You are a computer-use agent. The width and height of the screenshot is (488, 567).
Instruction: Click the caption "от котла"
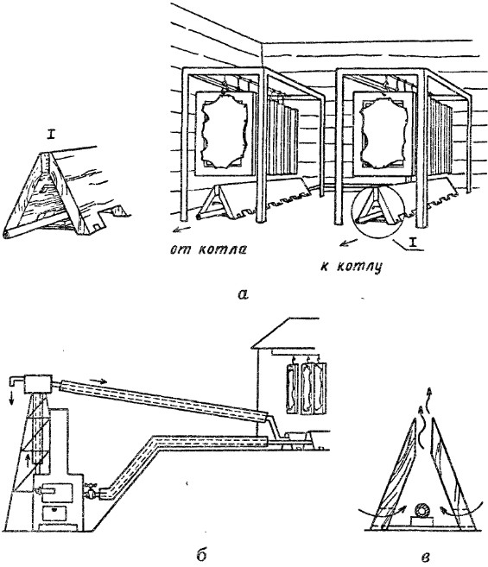pos(208,250)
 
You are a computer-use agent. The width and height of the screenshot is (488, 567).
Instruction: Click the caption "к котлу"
pos(351,267)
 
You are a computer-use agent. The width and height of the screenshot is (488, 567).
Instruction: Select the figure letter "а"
pos(244,294)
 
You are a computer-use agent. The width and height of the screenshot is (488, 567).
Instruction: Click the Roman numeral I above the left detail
pos(50,135)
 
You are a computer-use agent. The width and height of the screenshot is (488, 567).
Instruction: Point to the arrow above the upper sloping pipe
pos(98,381)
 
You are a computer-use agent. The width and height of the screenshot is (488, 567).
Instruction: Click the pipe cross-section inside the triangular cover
pos(422,510)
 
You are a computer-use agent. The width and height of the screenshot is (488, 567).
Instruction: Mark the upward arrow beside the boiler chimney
pos(29,458)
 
